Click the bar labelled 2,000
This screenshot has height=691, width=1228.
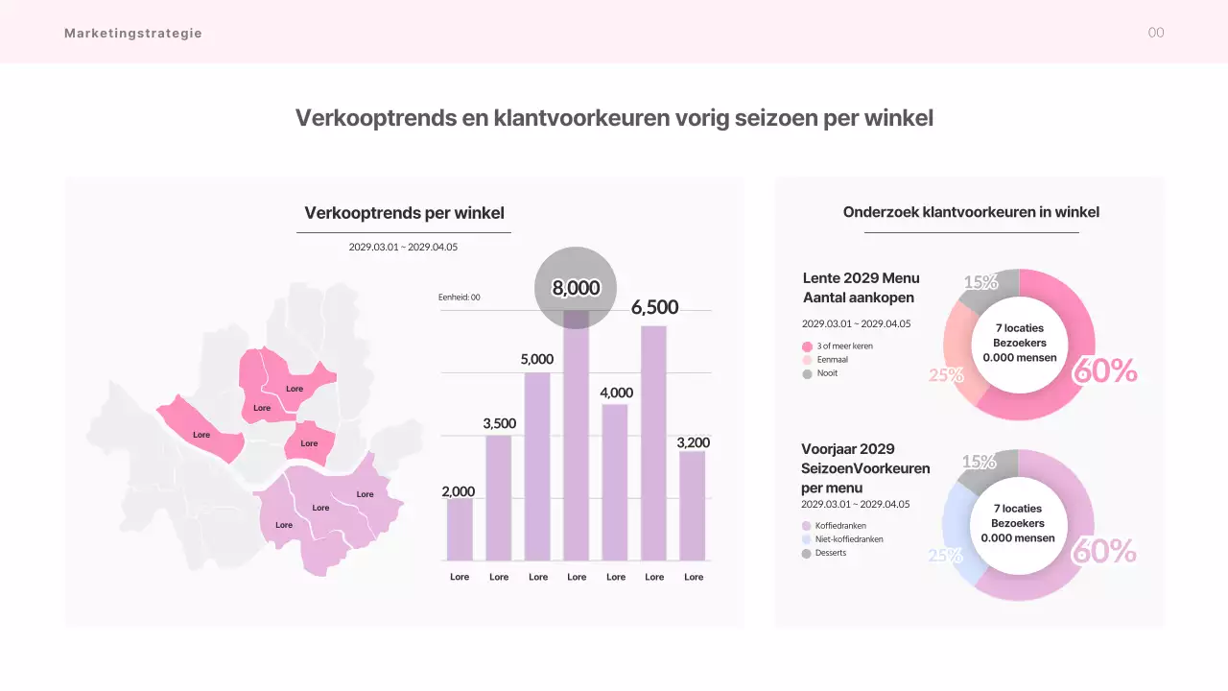[x=460, y=529]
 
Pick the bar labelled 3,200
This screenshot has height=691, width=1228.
[x=693, y=505]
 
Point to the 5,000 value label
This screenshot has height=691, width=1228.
[x=537, y=359]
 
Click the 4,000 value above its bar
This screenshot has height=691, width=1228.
[x=616, y=393]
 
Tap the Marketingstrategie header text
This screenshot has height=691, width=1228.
[x=133, y=33]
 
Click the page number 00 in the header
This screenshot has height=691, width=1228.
[x=1156, y=33]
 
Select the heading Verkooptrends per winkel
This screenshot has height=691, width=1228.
[x=404, y=213]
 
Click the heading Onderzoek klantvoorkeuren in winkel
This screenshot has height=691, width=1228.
[x=971, y=212]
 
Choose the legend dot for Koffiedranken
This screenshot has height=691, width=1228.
[x=807, y=526]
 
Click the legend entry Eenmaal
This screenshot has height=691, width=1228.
[x=832, y=360]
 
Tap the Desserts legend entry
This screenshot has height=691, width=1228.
[x=830, y=553]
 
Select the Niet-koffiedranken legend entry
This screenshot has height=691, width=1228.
[x=848, y=539]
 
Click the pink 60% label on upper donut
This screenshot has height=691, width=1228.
[x=1104, y=370]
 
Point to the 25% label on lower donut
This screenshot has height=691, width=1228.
[x=945, y=556]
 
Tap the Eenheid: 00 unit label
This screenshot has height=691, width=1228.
[x=460, y=298]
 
